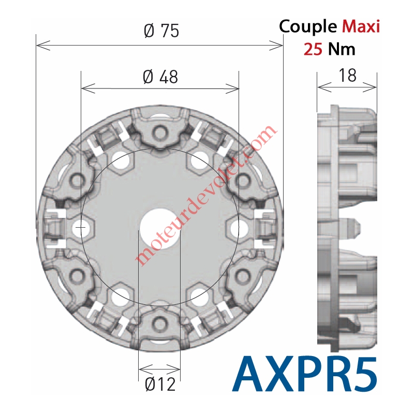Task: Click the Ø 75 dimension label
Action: point(161,31)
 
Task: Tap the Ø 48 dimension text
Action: point(160,77)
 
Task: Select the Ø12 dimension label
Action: point(160,384)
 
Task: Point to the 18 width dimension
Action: point(347,75)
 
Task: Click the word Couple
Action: point(308,27)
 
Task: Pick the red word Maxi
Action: point(361,26)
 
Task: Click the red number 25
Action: point(313,49)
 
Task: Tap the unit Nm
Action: point(342,49)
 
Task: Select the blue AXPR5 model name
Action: point(305,375)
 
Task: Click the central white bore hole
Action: point(160,229)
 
